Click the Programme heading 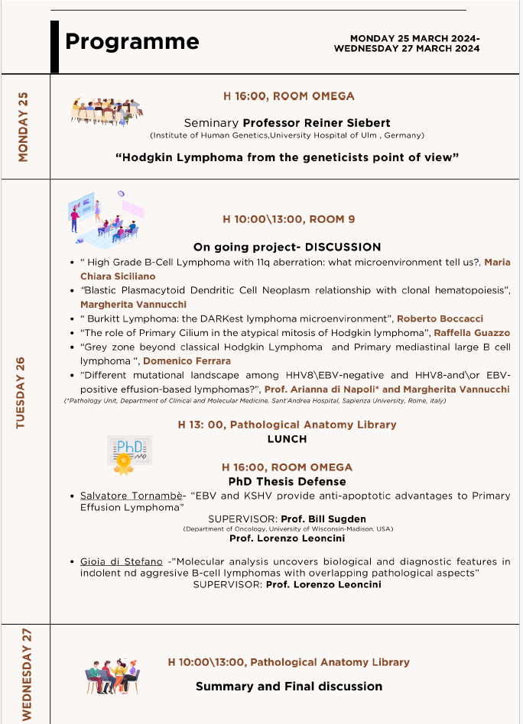click(x=132, y=41)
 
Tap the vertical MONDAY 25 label click(x=23, y=126)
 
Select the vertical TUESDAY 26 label click(x=21, y=393)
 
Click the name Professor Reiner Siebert click(x=317, y=123)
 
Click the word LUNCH click(x=287, y=439)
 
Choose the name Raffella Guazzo click(x=472, y=332)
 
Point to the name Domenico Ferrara click(x=187, y=360)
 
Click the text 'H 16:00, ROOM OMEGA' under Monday click(x=288, y=96)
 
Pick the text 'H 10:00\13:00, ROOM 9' click(x=288, y=219)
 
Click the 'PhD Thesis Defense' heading click(x=287, y=481)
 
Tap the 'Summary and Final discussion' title click(x=288, y=686)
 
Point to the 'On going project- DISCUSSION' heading click(x=287, y=247)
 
